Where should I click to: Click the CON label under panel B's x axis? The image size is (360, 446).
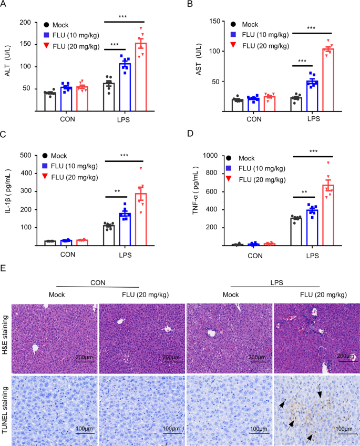pos(254,119)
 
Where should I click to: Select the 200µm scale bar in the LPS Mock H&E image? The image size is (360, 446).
pos(258,357)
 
